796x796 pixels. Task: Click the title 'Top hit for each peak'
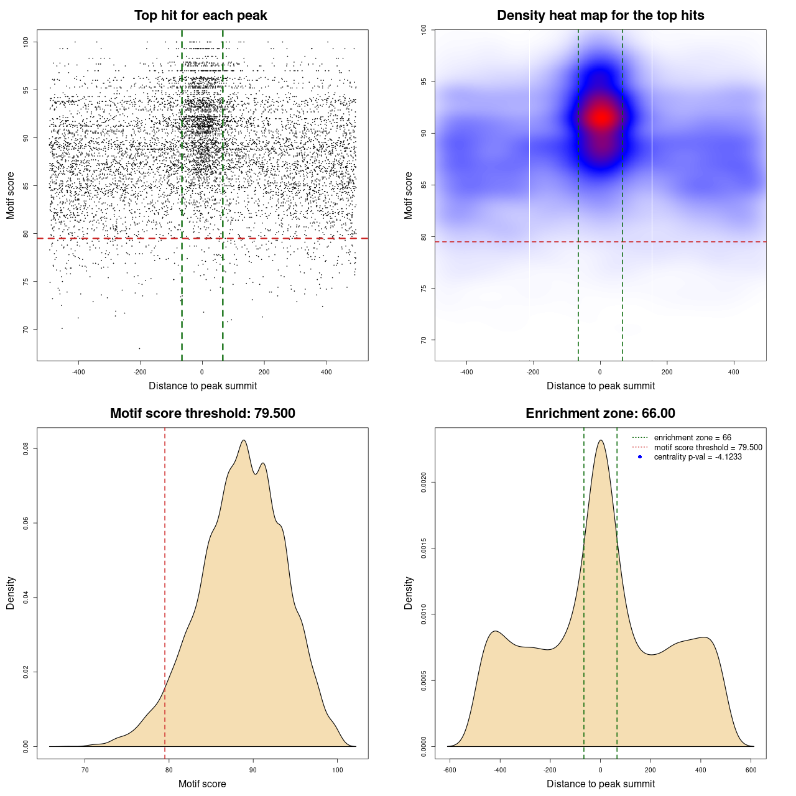pyautogui.click(x=201, y=16)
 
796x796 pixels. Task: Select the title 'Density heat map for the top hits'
pyautogui.click(x=600, y=16)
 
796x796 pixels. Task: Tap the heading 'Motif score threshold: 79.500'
pyautogui.click(x=202, y=414)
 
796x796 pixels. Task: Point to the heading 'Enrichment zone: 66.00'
pyautogui.click(x=600, y=414)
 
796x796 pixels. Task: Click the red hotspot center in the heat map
pyautogui.click(x=601, y=117)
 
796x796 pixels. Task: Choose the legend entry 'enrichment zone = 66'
pyautogui.click(x=692, y=438)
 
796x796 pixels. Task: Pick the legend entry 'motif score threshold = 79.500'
pyautogui.click(x=708, y=447)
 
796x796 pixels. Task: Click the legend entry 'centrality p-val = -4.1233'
pyautogui.click(x=698, y=457)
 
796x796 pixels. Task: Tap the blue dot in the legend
pyautogui.click(x=640, y=457)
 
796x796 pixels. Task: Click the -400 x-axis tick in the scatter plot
pyautogui.click(x=78, y=373)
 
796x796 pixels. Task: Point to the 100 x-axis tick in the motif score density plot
pyautogui.click(x=337, y=771)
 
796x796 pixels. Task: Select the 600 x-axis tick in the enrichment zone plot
pyautogui.click(x=751, y=771)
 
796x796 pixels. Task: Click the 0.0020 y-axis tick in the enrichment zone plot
pyautogui.click(x=423, y=482)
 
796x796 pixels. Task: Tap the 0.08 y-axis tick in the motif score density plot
pyautogui.click(x=25, y=448)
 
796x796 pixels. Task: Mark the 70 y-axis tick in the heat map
pyautogui.click(x=423, y=340)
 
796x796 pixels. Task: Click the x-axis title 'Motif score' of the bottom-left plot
pyautogui.click(x=202, y=784)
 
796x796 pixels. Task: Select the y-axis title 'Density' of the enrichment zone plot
pyautogui.click(x=409, y=593)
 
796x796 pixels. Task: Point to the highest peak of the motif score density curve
pyautogui.click(x=244, y=440)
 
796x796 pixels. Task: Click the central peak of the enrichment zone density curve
pyautogui.click(x=601, y=440)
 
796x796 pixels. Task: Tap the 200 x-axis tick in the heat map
pyautogui.click(x=667, y=373)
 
